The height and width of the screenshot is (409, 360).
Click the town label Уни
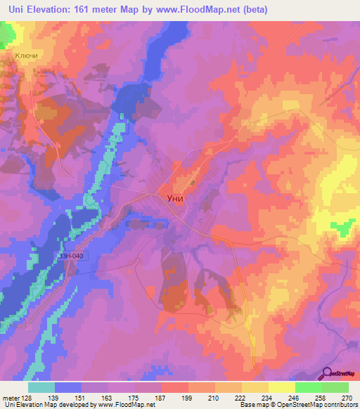175,198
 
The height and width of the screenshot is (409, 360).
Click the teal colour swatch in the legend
41,387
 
